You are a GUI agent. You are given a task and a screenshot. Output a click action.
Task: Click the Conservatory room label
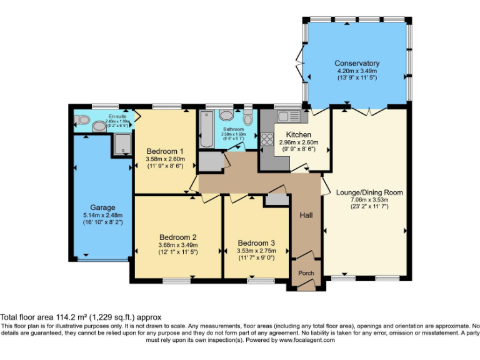357,63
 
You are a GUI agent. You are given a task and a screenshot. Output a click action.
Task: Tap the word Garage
102,207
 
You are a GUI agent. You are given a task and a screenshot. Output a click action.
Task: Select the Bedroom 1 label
165,151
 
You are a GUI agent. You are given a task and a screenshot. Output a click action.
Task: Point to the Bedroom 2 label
178,237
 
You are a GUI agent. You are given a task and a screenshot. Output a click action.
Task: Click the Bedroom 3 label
256,243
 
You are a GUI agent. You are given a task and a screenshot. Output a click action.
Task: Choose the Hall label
306,216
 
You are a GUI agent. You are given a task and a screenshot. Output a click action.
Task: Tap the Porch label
306,273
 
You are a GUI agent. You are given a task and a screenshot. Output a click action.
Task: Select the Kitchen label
299,134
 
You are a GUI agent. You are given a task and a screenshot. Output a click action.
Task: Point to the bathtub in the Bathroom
207,129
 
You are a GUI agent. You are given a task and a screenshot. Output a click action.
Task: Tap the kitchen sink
289,116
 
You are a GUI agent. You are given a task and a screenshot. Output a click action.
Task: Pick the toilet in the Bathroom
248,119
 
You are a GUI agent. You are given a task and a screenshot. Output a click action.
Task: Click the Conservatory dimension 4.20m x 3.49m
357,71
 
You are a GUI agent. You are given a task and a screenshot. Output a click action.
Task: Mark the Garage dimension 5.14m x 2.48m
102,216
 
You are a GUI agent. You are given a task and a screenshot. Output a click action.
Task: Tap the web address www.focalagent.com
306,341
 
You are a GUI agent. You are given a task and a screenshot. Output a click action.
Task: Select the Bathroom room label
234,129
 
